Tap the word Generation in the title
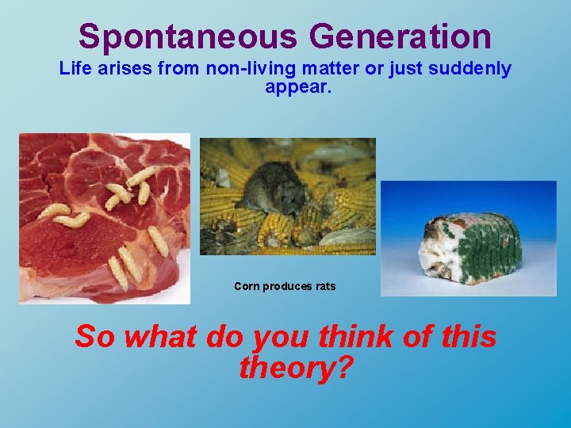[x=400, y=36]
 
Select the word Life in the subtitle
[x=75, y=69]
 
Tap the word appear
[x=298, y=86]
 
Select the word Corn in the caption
[x=247, y=286]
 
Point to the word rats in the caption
[x=326, y=286]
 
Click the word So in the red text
[x=95, y=337]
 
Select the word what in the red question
[x=159, y=337]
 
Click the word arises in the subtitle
[x=123, y=69]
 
